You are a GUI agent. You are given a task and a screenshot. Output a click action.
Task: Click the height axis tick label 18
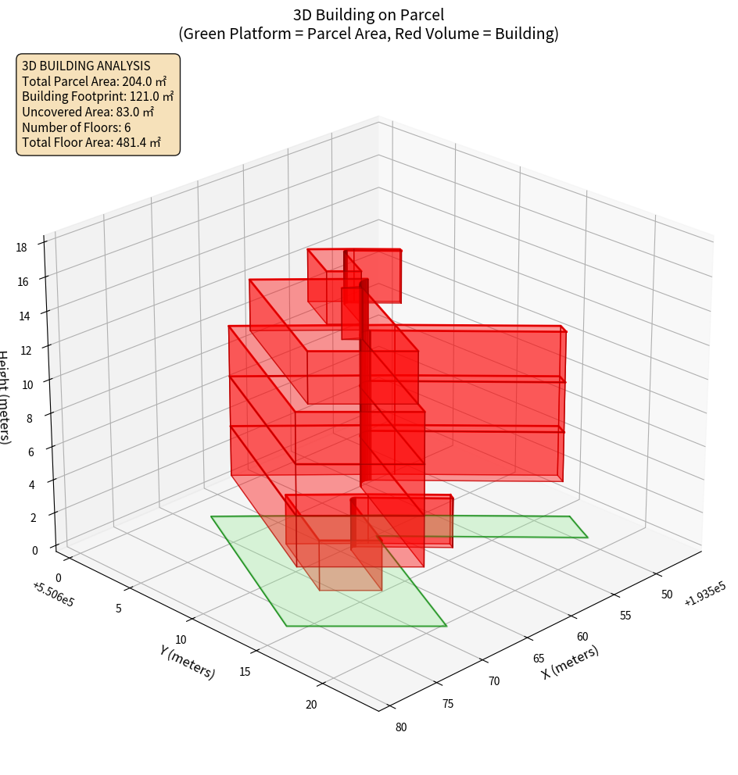coord(21,247)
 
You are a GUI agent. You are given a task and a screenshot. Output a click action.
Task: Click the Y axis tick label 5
coord(118,608)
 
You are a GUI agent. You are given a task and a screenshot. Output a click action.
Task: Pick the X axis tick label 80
coord(401,727)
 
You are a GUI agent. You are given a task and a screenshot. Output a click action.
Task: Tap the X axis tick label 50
coord(666,594)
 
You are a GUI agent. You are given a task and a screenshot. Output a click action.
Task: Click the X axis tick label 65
coord(539,659)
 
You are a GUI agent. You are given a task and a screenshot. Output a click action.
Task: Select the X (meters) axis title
coord(570,662)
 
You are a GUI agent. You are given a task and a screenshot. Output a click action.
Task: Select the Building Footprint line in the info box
coord(98,96)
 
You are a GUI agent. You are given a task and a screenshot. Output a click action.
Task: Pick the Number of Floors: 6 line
coord(77,127)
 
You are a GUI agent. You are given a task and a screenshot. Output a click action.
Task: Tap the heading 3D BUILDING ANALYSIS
coord(86,66)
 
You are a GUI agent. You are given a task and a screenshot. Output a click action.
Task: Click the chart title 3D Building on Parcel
coord(368,14)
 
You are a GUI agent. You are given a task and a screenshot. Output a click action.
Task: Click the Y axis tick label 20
coord(311,705)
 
